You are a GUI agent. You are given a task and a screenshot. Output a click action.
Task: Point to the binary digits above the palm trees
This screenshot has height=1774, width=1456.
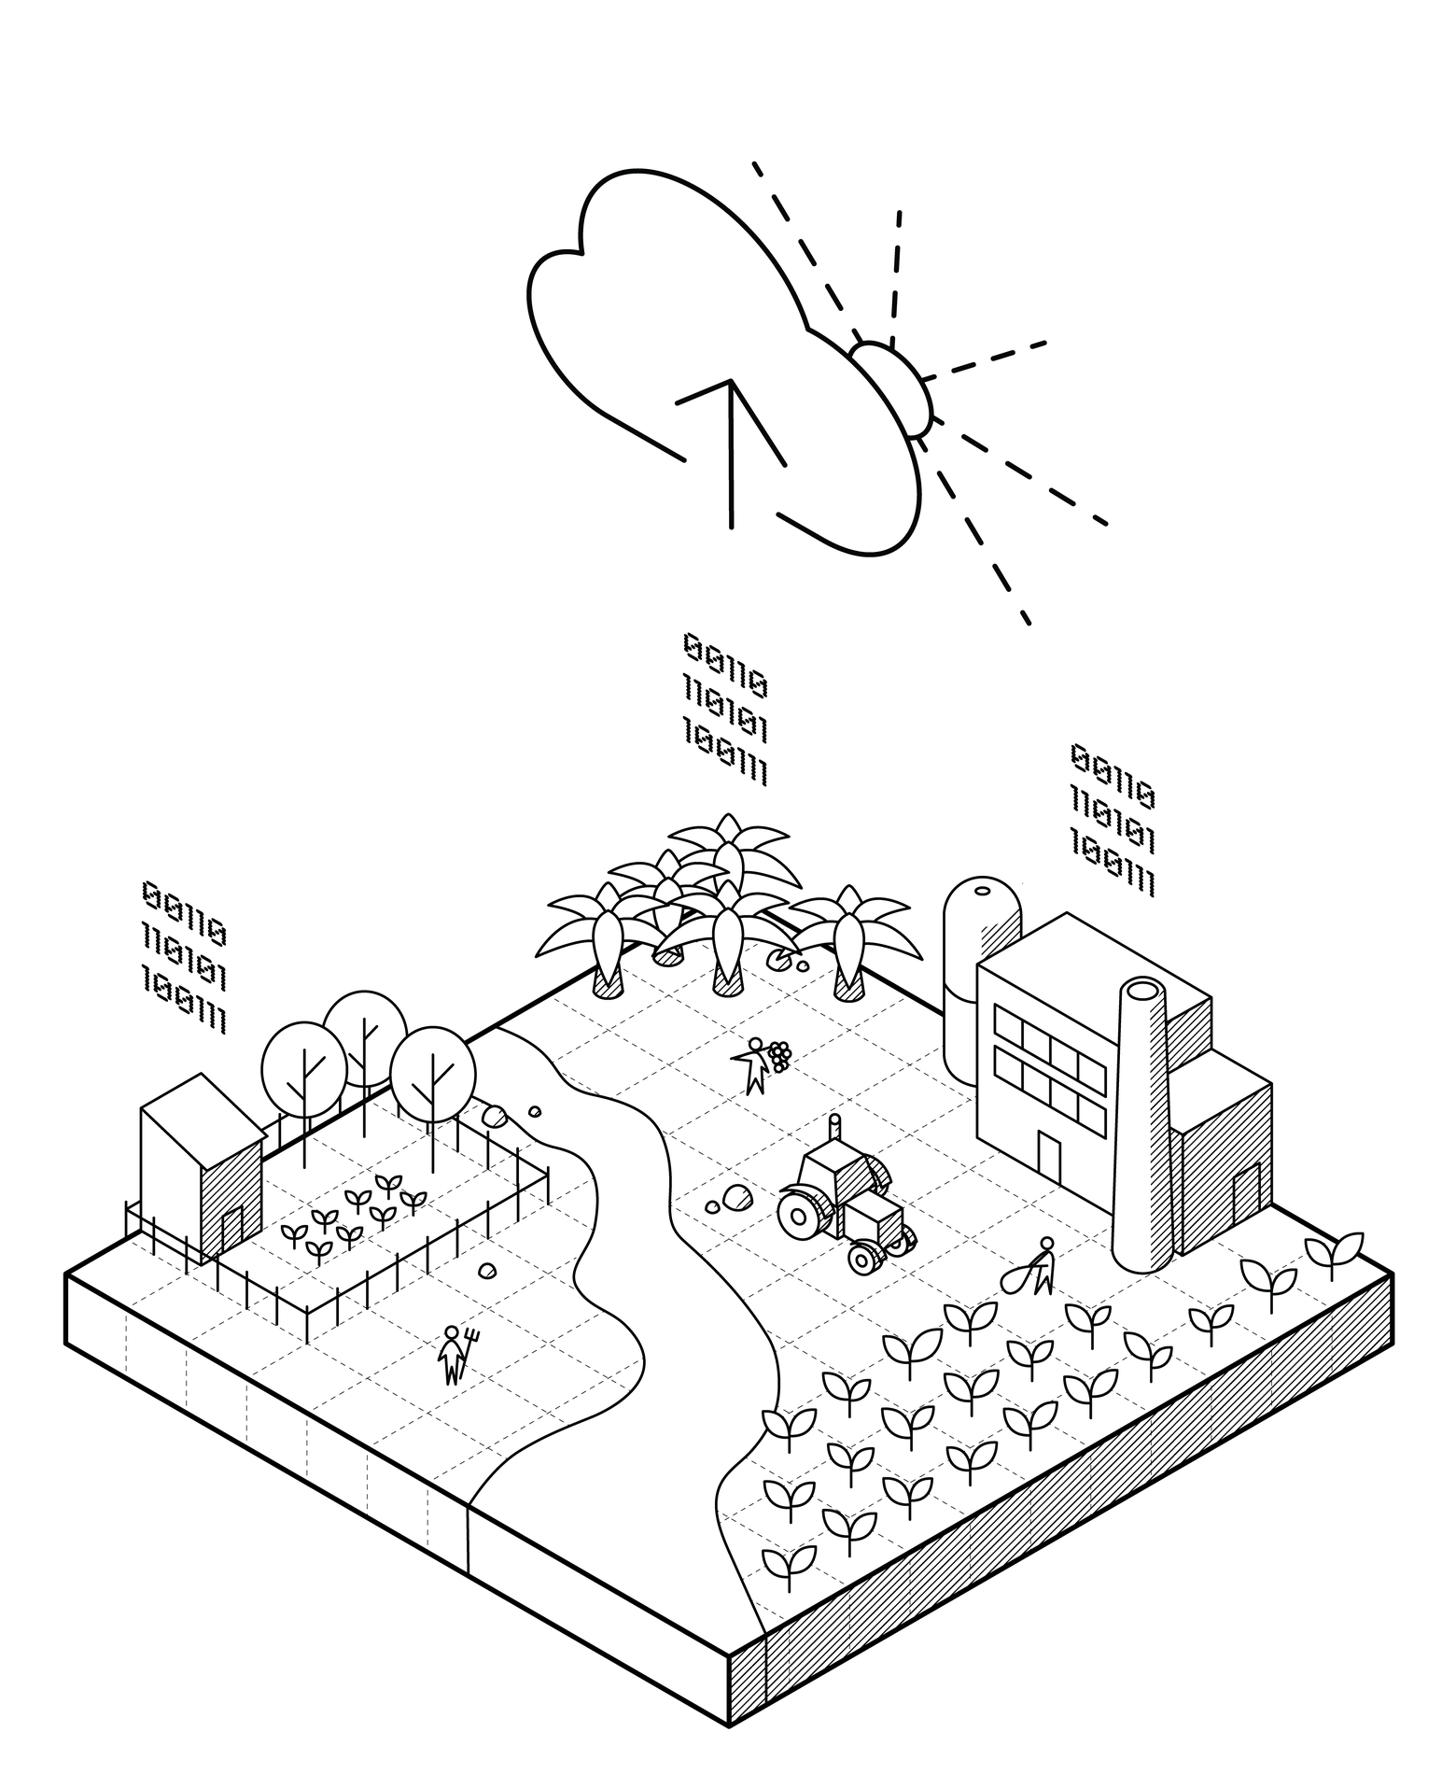[725, 709]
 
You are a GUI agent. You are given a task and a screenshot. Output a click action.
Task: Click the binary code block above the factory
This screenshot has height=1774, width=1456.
[1113, 819]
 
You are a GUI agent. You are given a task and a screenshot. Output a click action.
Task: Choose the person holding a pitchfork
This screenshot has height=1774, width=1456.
[455, 1354]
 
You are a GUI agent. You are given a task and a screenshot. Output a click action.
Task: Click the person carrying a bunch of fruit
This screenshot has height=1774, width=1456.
[756, 1064]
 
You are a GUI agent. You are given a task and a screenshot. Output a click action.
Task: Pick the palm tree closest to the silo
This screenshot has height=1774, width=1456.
[847, 943]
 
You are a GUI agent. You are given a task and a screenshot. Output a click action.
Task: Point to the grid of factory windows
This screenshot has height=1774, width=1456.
[1050, 1064]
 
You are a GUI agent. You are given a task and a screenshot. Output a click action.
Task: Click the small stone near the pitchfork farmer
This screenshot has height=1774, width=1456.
[487, 1270]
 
